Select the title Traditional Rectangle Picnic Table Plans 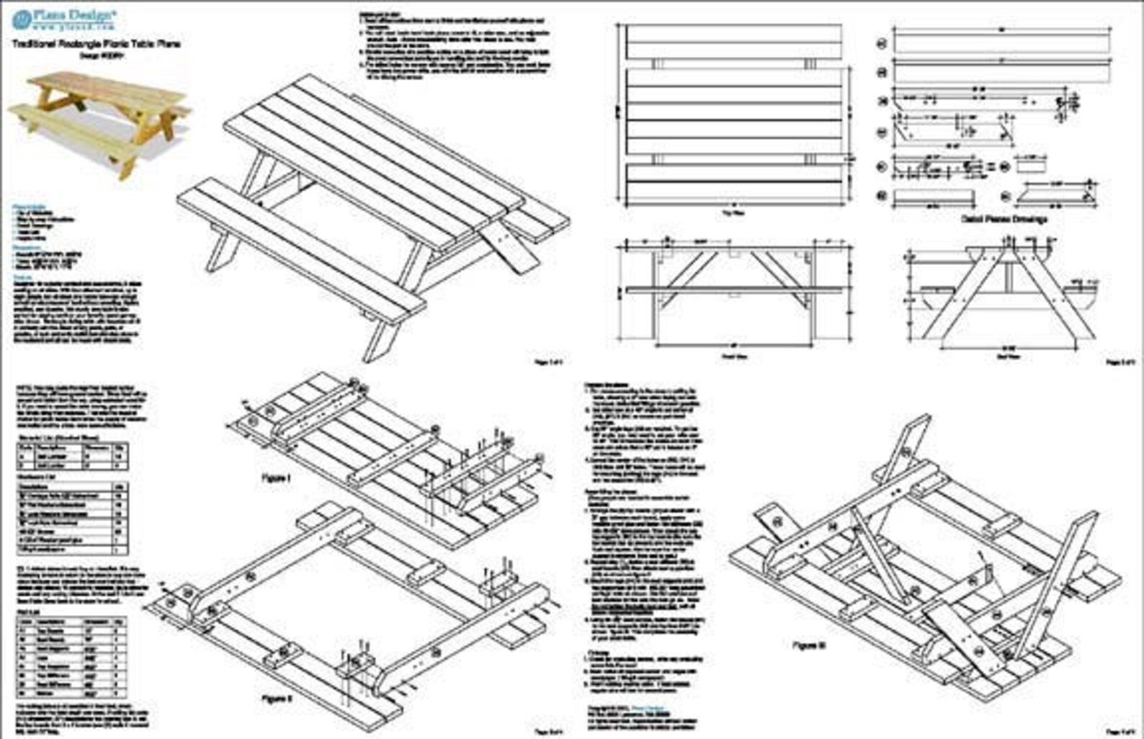tap(96, 44)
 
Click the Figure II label tap(276, 698)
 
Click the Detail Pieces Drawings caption tap(1004, 219)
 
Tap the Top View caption tap(733, 213)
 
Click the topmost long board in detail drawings tap(1002, 42)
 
